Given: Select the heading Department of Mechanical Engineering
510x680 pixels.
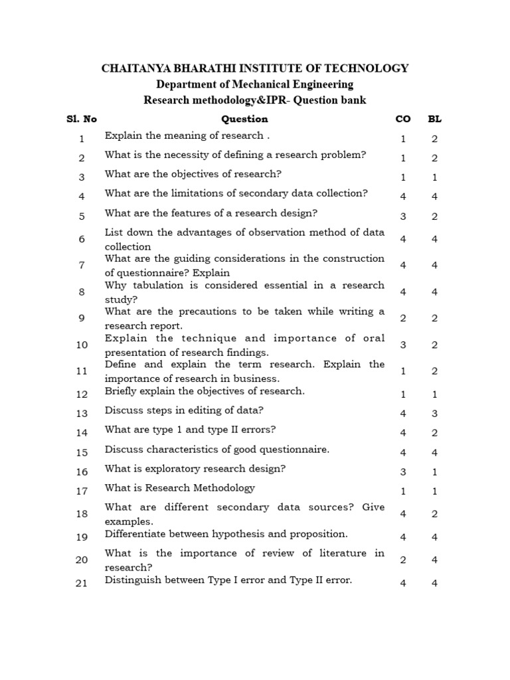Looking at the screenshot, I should [254, 84].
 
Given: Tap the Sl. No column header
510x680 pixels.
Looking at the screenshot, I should [82, 120].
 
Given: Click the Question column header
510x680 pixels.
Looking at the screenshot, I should [244, 120].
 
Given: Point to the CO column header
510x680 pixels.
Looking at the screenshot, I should [402, 120].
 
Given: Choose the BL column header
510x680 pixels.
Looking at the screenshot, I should [435, 120].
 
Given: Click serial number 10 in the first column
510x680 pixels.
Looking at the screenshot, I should [82, 345].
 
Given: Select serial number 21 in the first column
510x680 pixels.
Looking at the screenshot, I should [82, 584].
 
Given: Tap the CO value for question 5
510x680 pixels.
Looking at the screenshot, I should [403, 216].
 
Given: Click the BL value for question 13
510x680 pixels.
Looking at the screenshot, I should [435, 413].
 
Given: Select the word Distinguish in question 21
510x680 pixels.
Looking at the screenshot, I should [131, 580].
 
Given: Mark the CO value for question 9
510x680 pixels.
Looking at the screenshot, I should [403, 318].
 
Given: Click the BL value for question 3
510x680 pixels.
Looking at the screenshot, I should [435, 177].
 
